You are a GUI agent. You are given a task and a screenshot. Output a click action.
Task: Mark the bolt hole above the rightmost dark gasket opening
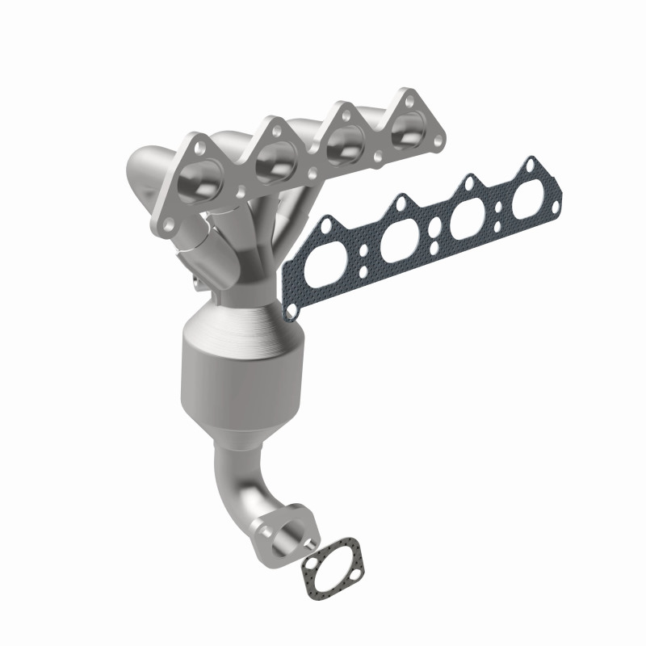click(530, 168)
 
